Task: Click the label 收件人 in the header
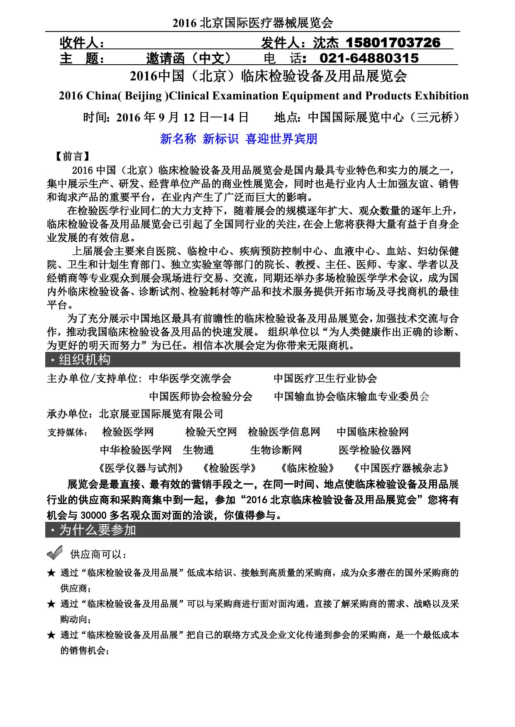coord(81,43)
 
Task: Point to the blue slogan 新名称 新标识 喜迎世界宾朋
coord(239,139)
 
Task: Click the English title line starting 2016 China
coord(264,96)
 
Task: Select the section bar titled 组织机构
coord(252,359)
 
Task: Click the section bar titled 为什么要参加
coord(252,530)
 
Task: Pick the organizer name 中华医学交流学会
coord(190,378)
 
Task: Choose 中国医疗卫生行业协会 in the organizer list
coord(325,378)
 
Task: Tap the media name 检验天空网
coord(211,432)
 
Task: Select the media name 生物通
coord(198,450)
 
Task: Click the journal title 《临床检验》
coord(307,468)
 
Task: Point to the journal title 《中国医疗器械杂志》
coord(401,468)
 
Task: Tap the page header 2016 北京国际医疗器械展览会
coord(253,23)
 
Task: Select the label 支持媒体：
coord(67,433)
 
